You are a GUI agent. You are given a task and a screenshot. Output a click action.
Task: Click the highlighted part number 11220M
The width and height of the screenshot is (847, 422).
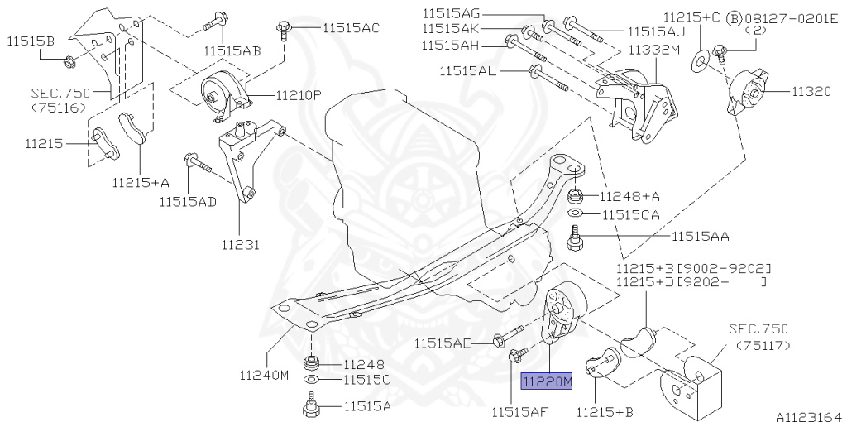[x=546, y=381]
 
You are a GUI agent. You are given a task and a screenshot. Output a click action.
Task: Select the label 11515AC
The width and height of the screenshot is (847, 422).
[x=351, y=27]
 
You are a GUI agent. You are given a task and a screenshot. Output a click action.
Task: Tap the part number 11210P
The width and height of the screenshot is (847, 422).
[x=299, y=96]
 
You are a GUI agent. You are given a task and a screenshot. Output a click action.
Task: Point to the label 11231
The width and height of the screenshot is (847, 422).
[x=241, y=245]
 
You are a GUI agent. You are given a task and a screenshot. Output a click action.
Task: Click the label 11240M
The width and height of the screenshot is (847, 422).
[x=264, y=375]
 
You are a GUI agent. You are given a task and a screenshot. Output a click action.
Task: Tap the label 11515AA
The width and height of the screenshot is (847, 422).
[x=701, y=236]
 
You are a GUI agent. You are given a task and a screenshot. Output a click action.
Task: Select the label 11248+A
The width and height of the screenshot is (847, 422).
[x=629, y=197]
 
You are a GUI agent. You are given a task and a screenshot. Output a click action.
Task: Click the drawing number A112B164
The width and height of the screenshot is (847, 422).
[x=809, y=416]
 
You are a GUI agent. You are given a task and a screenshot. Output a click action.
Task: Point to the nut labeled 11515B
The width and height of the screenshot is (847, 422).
[x=69, y=62]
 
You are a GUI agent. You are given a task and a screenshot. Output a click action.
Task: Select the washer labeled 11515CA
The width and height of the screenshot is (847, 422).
[x=576, y=213]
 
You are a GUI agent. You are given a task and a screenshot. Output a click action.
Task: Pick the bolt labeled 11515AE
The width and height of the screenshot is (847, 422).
[x=508, y=335]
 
